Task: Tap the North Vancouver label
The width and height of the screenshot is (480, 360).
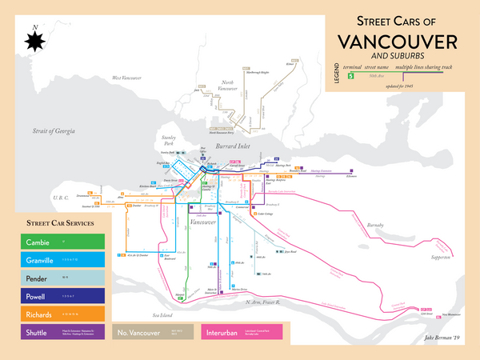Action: (x=228, y=85)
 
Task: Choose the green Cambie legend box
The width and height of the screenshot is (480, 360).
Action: (x=55, y=242)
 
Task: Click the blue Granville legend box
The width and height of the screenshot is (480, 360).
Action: (x=55, y=259)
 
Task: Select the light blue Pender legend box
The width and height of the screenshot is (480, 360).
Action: (x=55, y=277)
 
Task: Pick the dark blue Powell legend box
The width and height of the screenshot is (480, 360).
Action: (x=55, y=294)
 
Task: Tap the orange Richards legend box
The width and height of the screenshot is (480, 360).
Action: (x=55, y=312)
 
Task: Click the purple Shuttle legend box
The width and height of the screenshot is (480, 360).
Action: (x=55, y=330)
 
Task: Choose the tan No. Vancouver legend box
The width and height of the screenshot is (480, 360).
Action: (x=154, y=330)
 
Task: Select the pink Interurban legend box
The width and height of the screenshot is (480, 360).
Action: (x=246, y=330)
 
